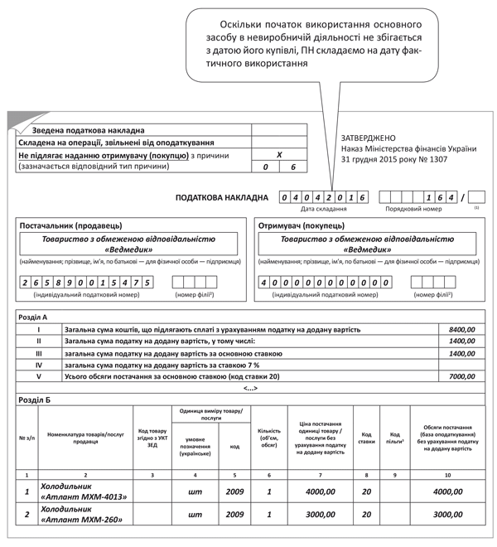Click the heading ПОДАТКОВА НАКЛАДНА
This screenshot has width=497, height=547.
[223, 198]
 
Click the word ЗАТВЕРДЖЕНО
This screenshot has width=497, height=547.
[369, 137]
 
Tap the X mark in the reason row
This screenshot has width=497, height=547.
[279, 154]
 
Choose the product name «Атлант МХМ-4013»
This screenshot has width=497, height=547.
[84, 496]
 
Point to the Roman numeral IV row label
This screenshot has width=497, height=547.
[38, 364]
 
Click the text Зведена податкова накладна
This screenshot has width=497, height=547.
[89, 130]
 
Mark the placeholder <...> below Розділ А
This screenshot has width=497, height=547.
[249, 388]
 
